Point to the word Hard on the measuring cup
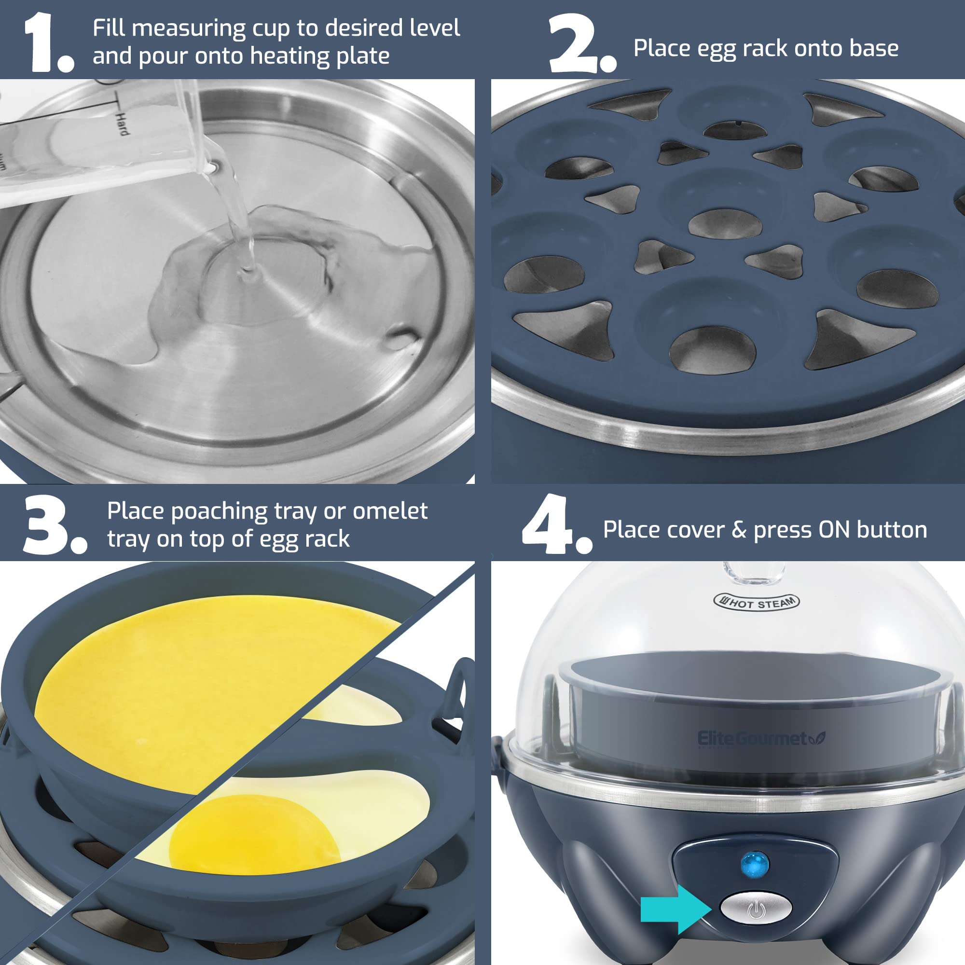(122, 124)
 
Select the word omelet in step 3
(389, 511)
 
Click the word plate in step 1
(363, 56)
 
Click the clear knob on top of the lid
(754, 572)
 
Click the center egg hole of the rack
(725, 223)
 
